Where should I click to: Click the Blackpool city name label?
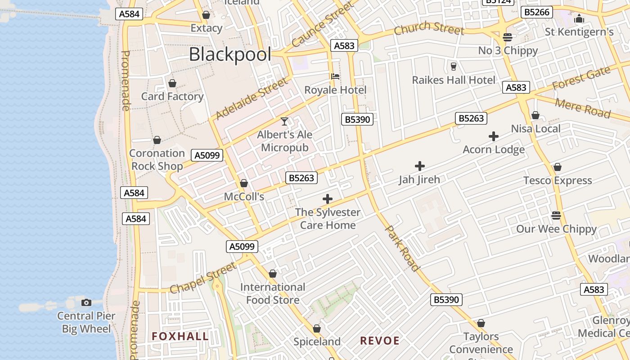click(x=230, y=54)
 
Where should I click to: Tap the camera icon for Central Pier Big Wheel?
click(x=86, y=302)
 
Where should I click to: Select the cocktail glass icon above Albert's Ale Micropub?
click(x=284, y=121)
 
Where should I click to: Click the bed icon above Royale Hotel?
click(x=335, y=76)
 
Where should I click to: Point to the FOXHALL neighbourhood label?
click(x=180, y=336)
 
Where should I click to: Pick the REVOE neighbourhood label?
click(x=379, y=341)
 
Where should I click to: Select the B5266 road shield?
click(x=537, y=12)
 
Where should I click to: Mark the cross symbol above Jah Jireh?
click(x=419, y=166)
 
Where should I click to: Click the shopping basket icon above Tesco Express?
click(x=558, y=167)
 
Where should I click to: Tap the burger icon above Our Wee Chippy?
click(x=556, y=215)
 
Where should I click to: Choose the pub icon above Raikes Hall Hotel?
click(x=453, y=67)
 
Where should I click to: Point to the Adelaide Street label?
click(x=251, y=99)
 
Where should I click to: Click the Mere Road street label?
click(x=582, y=108)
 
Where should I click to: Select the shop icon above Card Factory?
click(x=172, y=83)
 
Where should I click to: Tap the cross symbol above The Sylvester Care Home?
click(x=328, y=199)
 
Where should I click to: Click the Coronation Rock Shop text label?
click(x=157, y=159)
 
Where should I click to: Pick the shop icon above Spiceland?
click(x=317, y=328)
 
